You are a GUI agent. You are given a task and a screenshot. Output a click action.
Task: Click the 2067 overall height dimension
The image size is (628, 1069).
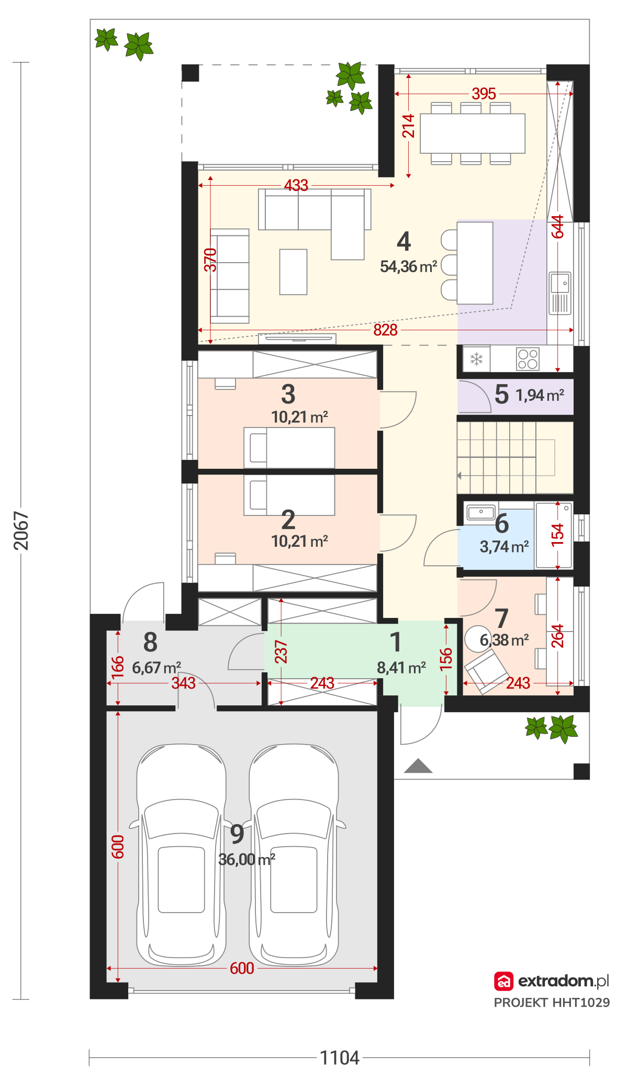pos(21,531)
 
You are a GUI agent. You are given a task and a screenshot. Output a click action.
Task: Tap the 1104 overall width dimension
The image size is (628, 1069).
pos(340,1057)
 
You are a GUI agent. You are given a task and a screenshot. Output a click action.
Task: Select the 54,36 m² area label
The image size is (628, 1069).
pos(409,267)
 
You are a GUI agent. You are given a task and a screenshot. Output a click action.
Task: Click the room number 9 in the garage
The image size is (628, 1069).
pos(237,834)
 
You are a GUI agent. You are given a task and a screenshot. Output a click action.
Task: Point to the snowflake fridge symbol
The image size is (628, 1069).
pos(476,359)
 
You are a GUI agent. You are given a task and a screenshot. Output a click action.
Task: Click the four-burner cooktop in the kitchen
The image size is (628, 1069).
pos(528,359)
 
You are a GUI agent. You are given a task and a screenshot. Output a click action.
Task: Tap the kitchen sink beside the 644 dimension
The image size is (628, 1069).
pos(560,293)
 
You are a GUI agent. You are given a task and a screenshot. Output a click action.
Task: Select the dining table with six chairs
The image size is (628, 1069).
pos(473,133)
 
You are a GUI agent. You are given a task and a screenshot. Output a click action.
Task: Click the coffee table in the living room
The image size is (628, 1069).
pos(293,272)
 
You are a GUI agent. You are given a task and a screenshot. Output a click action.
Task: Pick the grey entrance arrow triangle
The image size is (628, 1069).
pos(418,766)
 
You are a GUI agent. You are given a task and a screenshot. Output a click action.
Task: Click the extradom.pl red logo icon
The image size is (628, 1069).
pos(503,982)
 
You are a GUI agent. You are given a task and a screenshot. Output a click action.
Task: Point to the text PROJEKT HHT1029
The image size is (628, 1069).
pos(552,1003)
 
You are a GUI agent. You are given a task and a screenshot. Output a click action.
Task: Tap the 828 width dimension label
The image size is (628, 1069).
pos(386,330)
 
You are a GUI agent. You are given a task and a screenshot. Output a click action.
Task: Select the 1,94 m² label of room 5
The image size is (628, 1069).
pos(540,395)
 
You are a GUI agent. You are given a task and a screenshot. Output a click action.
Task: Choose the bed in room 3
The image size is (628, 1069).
pos(289,448)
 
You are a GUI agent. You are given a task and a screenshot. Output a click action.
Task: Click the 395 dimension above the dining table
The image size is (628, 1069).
pos(484,94)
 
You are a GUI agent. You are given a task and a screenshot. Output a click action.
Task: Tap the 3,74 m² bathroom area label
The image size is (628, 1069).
pos(504,547)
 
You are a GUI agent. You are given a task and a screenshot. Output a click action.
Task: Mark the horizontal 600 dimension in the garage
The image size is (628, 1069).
pos(242,969)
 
